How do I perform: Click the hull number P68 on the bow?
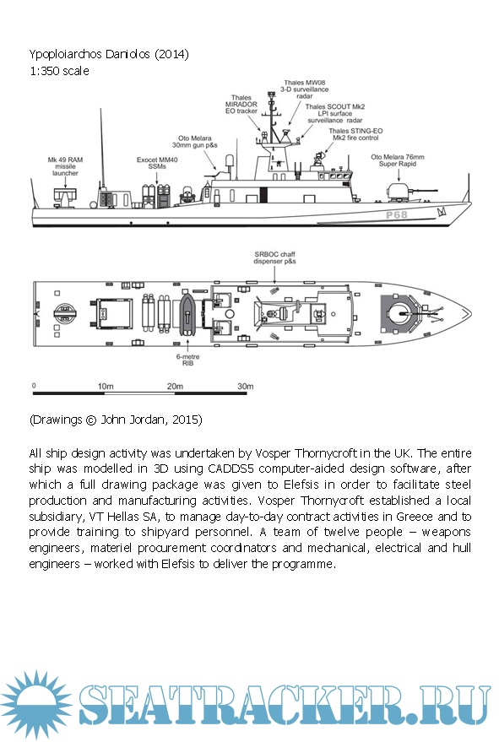pos(396,215)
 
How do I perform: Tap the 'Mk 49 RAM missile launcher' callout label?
pos(65,166)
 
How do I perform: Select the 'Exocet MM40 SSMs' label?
pos(157,163)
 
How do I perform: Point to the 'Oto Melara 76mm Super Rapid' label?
pos(398,160)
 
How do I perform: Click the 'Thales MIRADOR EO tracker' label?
pos(241,104)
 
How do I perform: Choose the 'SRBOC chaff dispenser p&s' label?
pos(274,258)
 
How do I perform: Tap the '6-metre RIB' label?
pos(188,360)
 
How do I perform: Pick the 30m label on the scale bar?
pos(245,386)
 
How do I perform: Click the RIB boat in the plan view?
pos(188,313)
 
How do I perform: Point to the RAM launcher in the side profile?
pos(65,198)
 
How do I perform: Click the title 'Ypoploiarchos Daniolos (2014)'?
pos(109,54)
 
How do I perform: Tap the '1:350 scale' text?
pos(59,71)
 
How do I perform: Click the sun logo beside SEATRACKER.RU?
pos(36,705)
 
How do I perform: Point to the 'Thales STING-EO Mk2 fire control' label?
pos(355,134)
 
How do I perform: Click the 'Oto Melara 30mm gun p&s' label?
pos(194,142)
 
